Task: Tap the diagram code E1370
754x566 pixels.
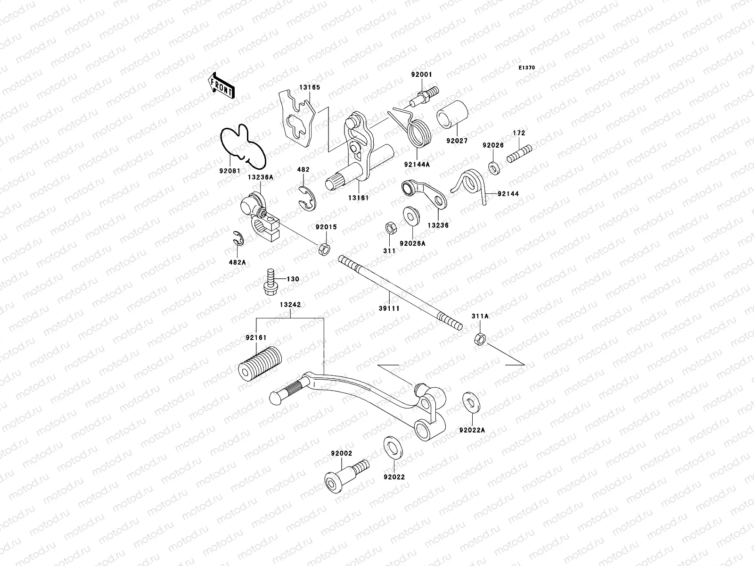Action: (x=527, y=68)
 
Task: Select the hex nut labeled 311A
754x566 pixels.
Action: (x=479, y=338)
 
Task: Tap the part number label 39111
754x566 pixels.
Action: (x=389, y=308)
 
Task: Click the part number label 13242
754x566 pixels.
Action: (x=290, y=305)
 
